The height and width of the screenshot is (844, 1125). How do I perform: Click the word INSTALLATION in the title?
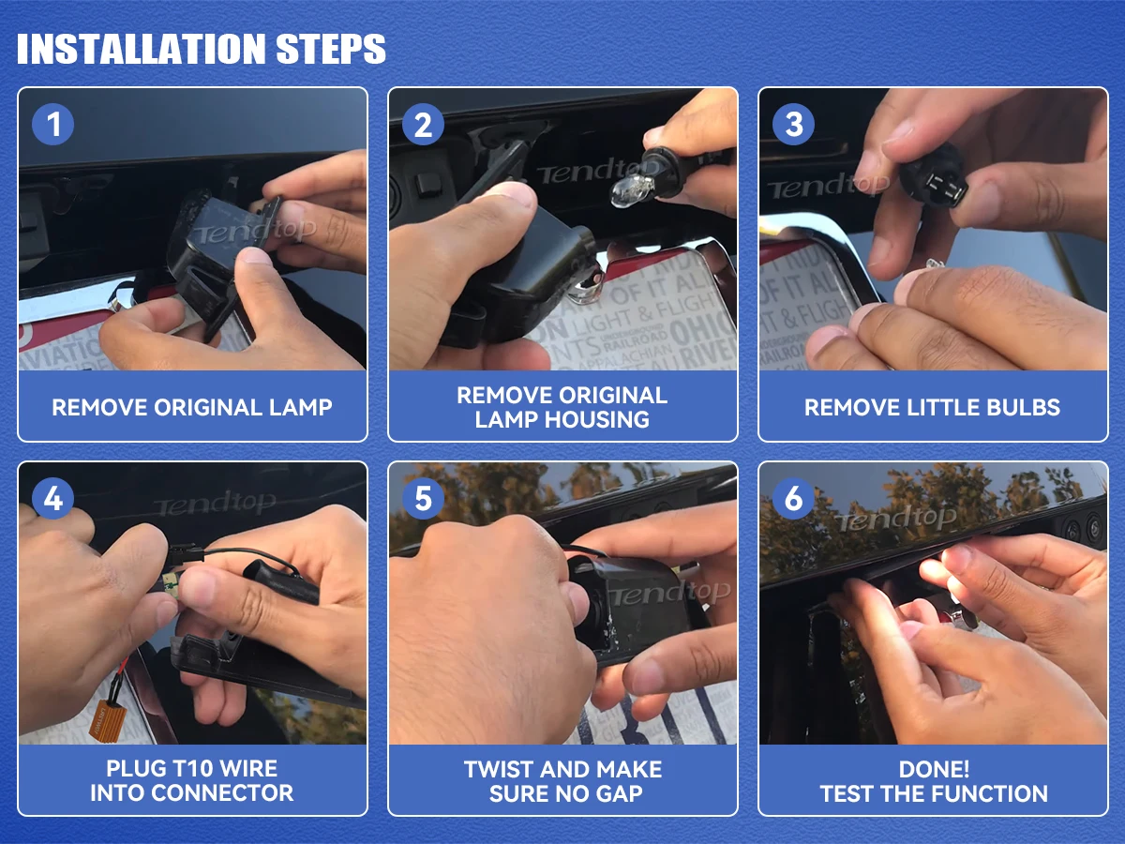pos(141,49)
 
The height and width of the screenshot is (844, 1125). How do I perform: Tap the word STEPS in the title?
pos(331,49)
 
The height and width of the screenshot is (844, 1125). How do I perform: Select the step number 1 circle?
pos(52,125)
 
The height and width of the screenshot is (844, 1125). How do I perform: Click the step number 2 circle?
pos(423,125)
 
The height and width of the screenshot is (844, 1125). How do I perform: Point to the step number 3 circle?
pos(793,125)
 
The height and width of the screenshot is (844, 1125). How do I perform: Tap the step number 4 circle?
pos(52,498)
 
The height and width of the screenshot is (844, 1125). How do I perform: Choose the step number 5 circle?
pos(423,498)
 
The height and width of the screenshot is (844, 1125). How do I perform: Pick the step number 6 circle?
pos(793,498)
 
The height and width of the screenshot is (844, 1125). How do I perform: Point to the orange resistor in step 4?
pos(105,721)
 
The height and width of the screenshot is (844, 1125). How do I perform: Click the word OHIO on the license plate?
pos(702,328)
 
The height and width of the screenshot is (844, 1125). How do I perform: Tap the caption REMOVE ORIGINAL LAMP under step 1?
pos(192,408)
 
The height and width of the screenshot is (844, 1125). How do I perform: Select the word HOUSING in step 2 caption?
pos(596,420)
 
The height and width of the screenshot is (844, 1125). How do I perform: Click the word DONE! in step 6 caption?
pos(934,769)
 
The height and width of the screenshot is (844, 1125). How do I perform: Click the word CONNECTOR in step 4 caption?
pos(222,793)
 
